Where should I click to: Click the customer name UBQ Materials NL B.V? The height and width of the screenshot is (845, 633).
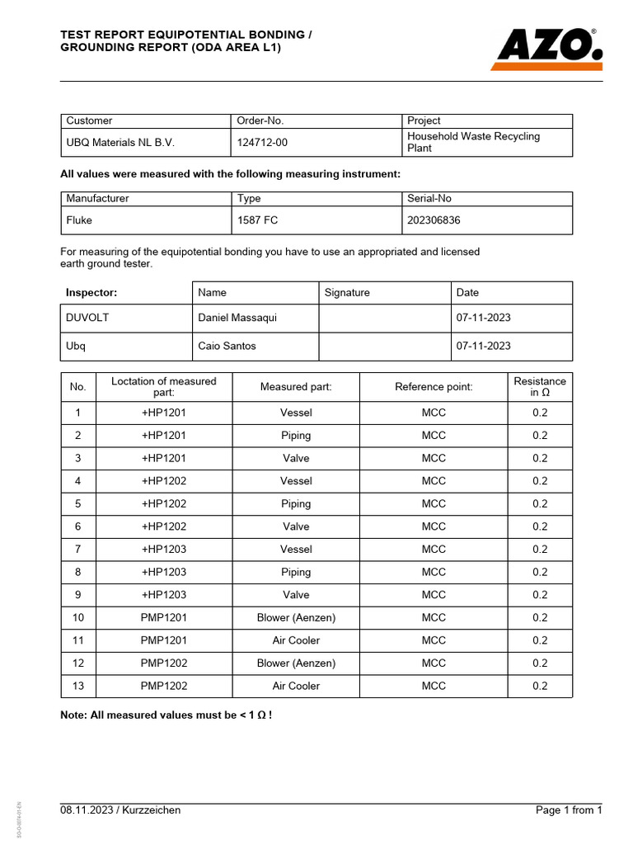(120, 143)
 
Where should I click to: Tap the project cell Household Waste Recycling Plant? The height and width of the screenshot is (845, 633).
(473, 142)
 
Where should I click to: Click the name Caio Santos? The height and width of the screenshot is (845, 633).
(227, 346)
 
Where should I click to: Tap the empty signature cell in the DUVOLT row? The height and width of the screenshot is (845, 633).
(384, 318)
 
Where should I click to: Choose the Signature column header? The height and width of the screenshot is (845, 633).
(347, 292)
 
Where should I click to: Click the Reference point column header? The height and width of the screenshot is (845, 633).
(434, 387)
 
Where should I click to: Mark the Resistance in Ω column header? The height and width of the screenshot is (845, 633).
(539, 387)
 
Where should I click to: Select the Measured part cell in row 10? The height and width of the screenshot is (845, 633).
(296, 617)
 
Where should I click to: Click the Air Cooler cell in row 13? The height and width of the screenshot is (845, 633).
(296, 686)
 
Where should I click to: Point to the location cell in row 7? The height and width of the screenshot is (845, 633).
(164, 549)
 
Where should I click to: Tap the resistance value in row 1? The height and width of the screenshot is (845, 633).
(539, 413)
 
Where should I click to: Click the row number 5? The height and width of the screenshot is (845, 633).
(78, 503)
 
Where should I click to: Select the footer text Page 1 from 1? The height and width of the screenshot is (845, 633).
(569, 810)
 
